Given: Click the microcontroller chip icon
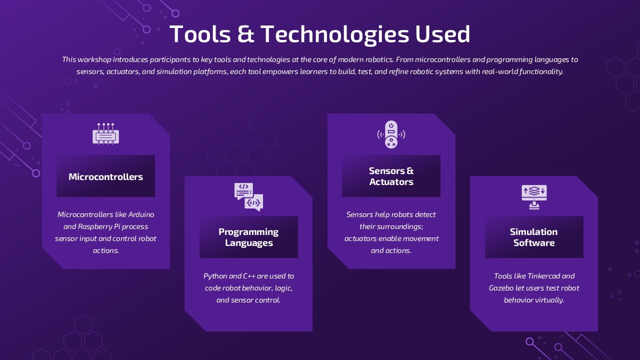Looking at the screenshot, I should coord(105,134).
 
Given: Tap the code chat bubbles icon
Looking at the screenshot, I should coord(248,196).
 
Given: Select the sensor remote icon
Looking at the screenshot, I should coord(391,134).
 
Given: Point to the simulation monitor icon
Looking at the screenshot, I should coord(534,196).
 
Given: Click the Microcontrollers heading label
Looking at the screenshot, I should coord(105,176).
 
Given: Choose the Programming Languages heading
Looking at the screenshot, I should coord(248,237).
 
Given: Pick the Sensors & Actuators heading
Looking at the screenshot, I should coord(391,176).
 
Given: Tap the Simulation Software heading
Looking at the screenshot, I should coord(534,237).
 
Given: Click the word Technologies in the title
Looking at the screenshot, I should coord(335,34).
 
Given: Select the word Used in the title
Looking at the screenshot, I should coord(442,34).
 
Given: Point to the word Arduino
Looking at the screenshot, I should coord(141,214).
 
